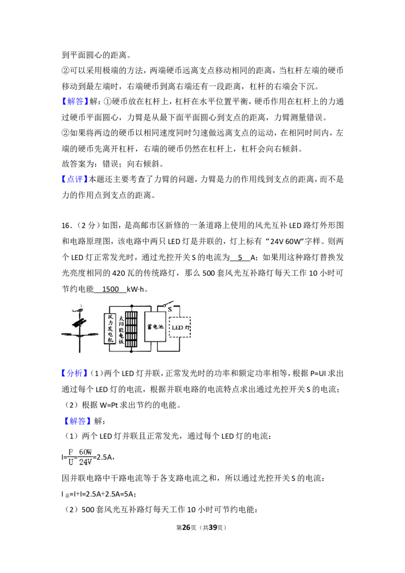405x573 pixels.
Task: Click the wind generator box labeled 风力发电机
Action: (110, 329)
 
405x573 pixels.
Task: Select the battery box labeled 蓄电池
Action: (155, 326)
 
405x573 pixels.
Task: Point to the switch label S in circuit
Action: (170, 309)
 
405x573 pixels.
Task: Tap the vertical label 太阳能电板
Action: (121, 329)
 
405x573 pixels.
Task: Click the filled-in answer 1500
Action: (110, 289)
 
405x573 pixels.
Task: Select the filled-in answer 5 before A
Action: (240, 257)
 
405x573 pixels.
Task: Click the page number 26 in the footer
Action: (186, 527)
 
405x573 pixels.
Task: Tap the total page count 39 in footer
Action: (213, 527)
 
